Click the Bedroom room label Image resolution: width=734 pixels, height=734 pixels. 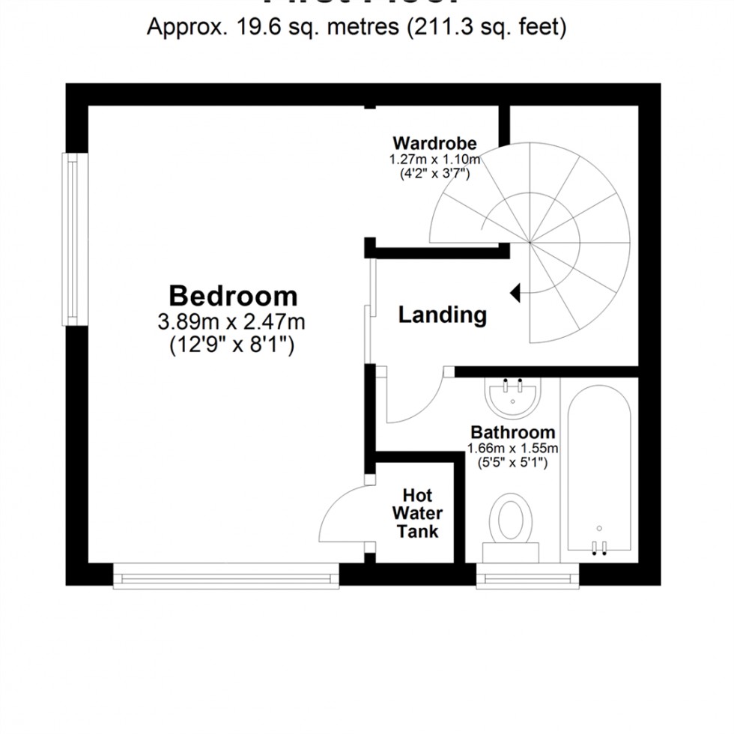coord(233,295)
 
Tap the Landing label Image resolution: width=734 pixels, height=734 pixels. coord(442,315)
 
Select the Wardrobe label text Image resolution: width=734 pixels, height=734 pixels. coord(434,143)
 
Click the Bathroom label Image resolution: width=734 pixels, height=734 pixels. coord(513,432)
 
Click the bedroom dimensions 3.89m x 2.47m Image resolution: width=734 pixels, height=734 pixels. coord(233,323)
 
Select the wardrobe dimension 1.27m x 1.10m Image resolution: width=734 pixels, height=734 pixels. coord(434,160)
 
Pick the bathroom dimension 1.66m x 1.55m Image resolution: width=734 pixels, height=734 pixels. coord(513,448)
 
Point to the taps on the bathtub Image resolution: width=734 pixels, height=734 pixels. coord(598,548)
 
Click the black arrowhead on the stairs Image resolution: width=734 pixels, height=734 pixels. coord(515,293)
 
